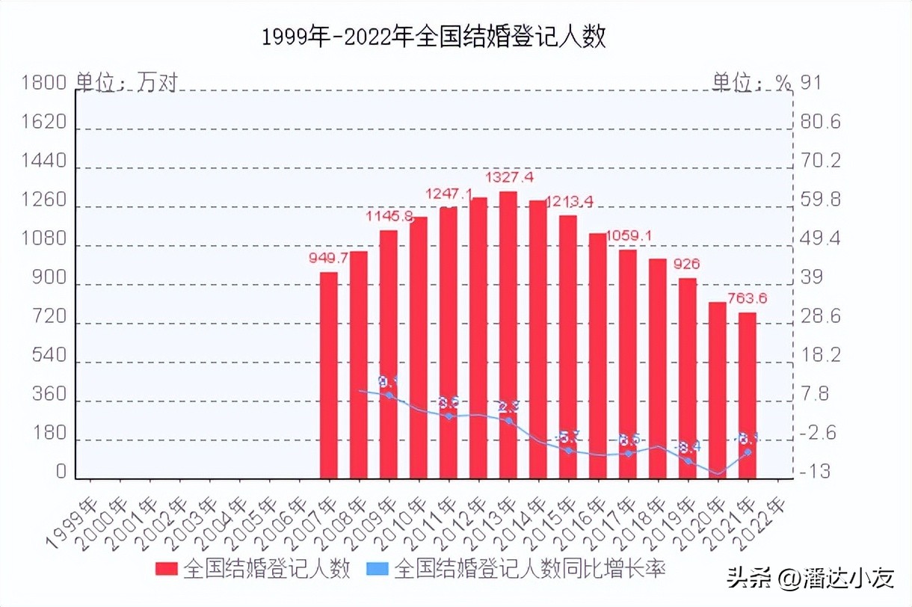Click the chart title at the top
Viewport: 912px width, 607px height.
click(434, 37)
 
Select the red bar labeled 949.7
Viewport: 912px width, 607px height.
click(329, 374)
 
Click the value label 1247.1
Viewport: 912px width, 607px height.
click(449, 194)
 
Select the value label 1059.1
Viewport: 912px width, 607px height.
click(629, 236)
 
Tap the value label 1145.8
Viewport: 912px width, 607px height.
click(389, 217)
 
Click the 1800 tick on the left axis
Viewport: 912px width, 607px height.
click(45, 82)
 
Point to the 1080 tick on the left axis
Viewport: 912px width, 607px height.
click(45, 241)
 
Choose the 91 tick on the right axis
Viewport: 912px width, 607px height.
click(810, 82)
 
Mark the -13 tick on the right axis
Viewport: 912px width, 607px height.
click(815, 472)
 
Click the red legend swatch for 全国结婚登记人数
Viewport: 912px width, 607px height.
click(167, 569)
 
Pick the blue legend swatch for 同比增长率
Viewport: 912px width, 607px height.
click(378, 569)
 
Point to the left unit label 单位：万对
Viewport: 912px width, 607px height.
click(127, 82)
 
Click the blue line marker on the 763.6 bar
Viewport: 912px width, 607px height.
click(748, 452)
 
